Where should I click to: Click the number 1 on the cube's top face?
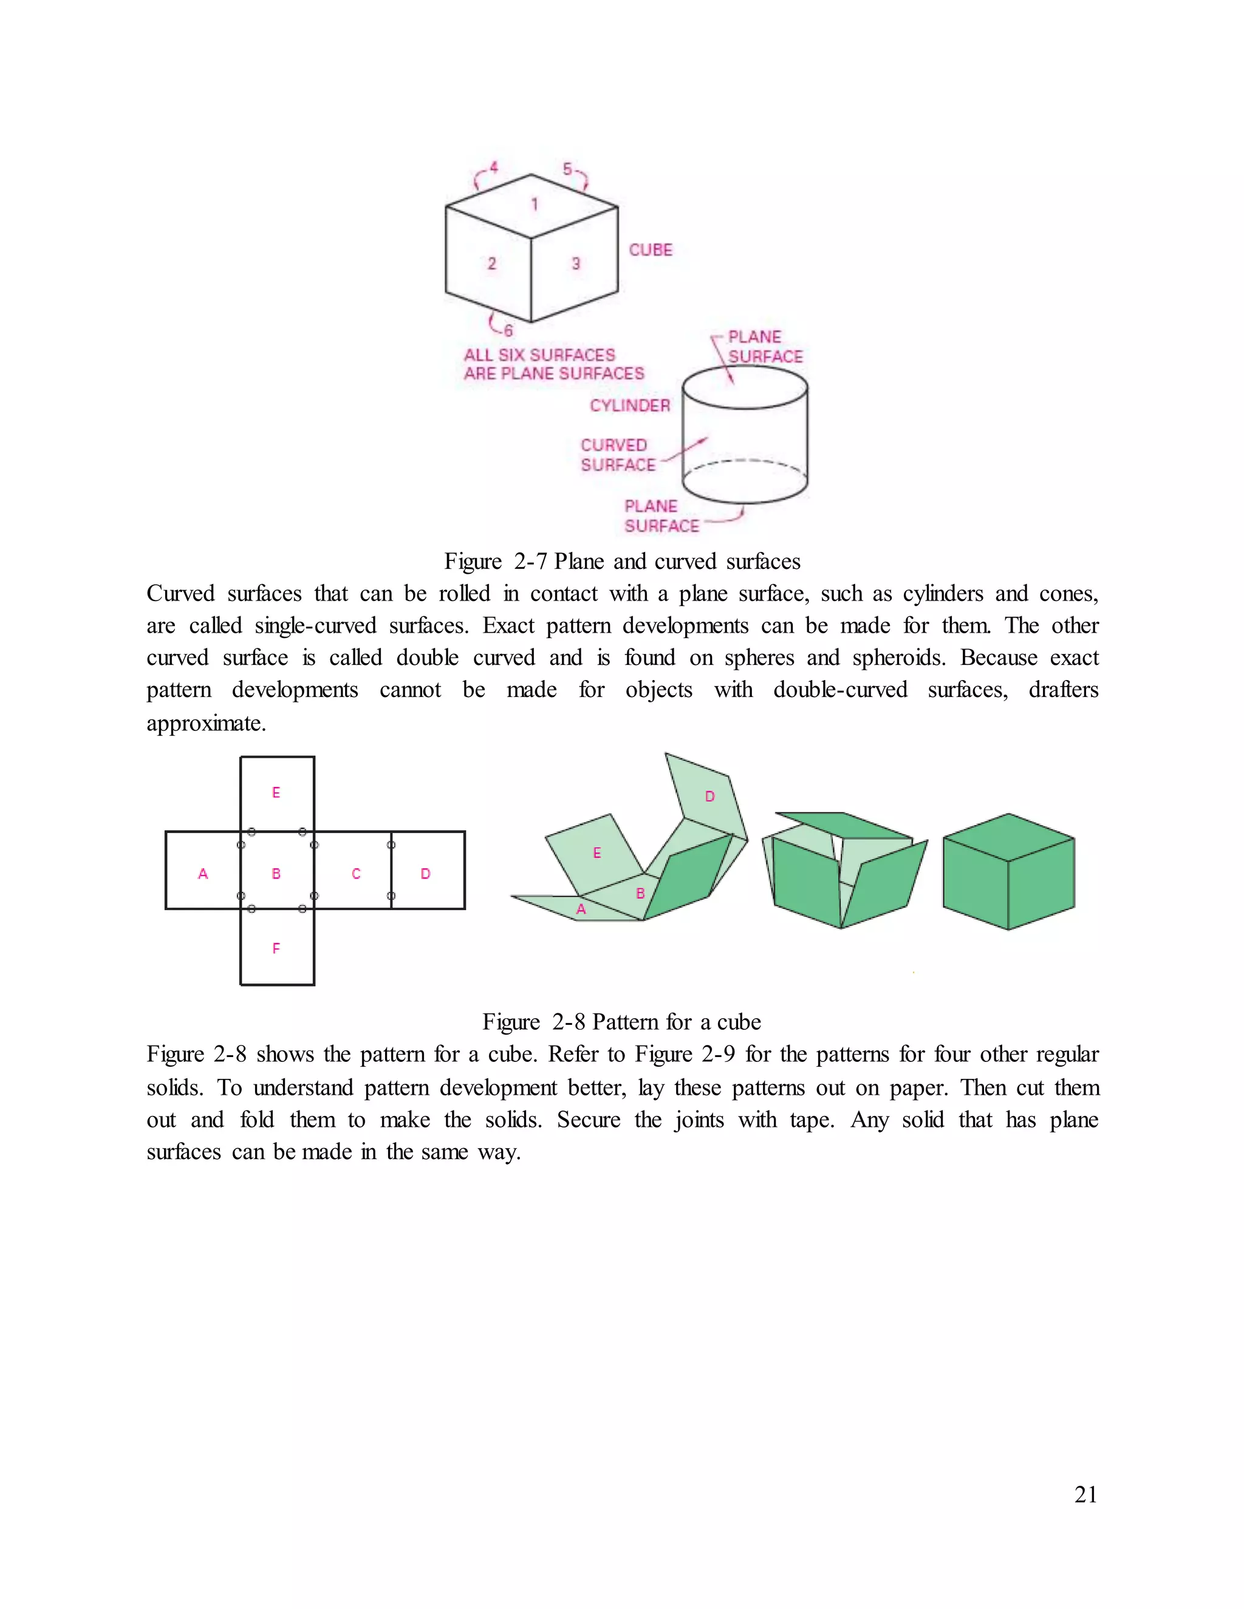point(535,204)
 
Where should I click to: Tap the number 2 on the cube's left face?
point(491,263)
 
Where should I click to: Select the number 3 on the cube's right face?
point(576,263)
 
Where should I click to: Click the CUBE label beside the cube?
point(650,250)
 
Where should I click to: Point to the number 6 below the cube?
point(508,330)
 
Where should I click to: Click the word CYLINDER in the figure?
point(630,405)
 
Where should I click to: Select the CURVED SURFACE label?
point(617,455)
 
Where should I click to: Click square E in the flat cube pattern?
point(276,793)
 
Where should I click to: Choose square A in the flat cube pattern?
point(203,874)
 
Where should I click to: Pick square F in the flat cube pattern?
point(276,948)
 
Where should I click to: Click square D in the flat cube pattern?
point(426,874)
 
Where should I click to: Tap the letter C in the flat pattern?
point(356,874)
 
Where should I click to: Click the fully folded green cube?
point(1008,873)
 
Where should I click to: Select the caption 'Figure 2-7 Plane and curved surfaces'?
point(622,562)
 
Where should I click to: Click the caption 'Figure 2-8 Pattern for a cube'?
point(621,1022)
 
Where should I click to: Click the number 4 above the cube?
point(494,167)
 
